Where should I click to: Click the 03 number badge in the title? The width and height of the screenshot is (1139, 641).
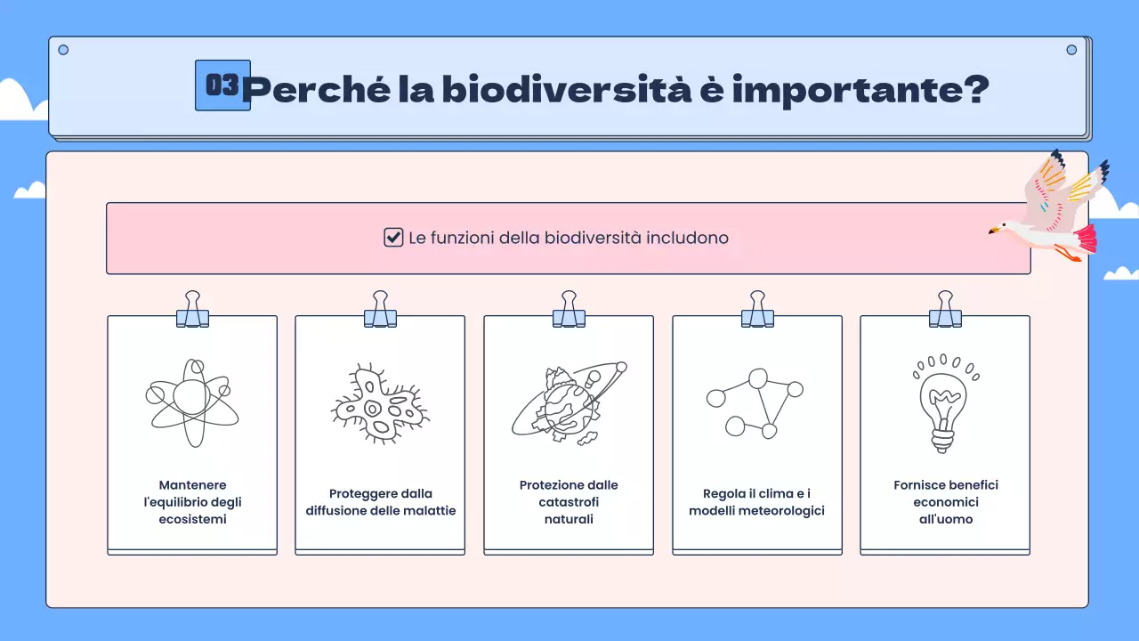(222, 85)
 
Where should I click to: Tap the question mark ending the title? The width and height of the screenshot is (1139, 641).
(974, 89)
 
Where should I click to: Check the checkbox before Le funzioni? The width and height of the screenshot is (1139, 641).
(393, 238)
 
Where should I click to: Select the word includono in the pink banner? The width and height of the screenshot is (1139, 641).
(686, 238)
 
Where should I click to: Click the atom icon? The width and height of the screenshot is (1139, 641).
(192, 402)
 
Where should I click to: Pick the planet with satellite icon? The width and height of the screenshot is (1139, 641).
(568, 402)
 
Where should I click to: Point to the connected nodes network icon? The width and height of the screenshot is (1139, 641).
(755, 402)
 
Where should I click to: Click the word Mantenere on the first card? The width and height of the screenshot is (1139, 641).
(192, 485)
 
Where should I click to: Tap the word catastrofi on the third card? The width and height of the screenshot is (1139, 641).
(569, 502)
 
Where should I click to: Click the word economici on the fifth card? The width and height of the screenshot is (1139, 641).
(945, 502)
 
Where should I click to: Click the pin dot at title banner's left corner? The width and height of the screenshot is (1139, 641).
(63, 50)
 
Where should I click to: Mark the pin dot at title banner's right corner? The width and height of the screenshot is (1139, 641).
(1071, 50)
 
